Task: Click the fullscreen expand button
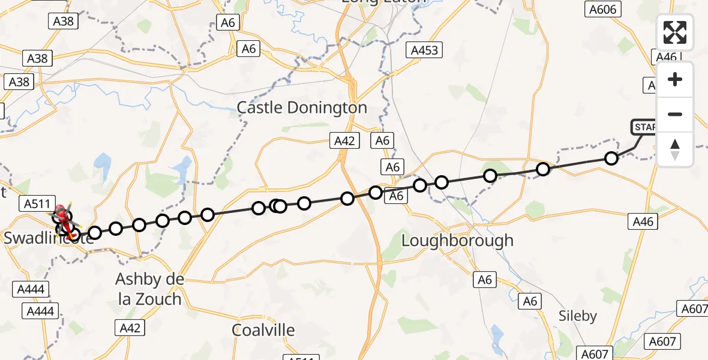pyautogui.click(x=675, y=32)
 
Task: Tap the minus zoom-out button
pyautogui.click(x=675, y=114)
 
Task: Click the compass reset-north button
pyautogui.click(x=675, y=149)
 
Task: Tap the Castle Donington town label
pyautogui.click(x=302, y=108)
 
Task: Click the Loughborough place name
pyautogui.click(x=457, y=241)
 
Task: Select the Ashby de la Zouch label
pyautogui.click(x=150, y=289)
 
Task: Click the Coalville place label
pyautogui.click(x=263, y=330)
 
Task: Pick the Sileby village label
pyautogui.click(x=577, y=316)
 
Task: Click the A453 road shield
pyautogui.click(x=424, y=50)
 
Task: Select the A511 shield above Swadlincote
pyautogui.click(x=37, y=203)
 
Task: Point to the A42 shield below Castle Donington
pyautogui.click(x=344, y=141)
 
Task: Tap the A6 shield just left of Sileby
pyautogui.click(x=530, y=301)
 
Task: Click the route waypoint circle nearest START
pyautogui.click(x=611, y=158)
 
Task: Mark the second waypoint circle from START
pyautogui.click(x=543, y=169)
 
